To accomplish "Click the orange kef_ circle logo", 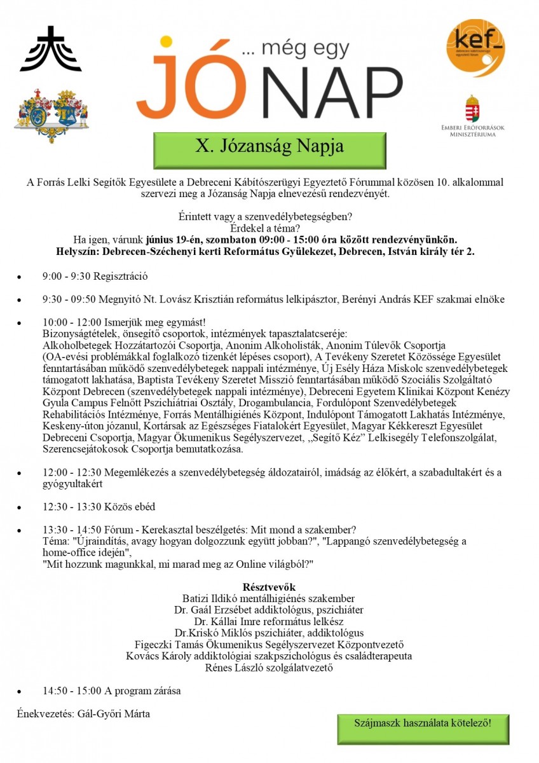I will click(476, 48).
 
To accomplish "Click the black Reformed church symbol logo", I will click(51, 49).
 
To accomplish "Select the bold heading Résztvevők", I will click(269, 586).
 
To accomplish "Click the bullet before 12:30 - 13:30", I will click(20, 508).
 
